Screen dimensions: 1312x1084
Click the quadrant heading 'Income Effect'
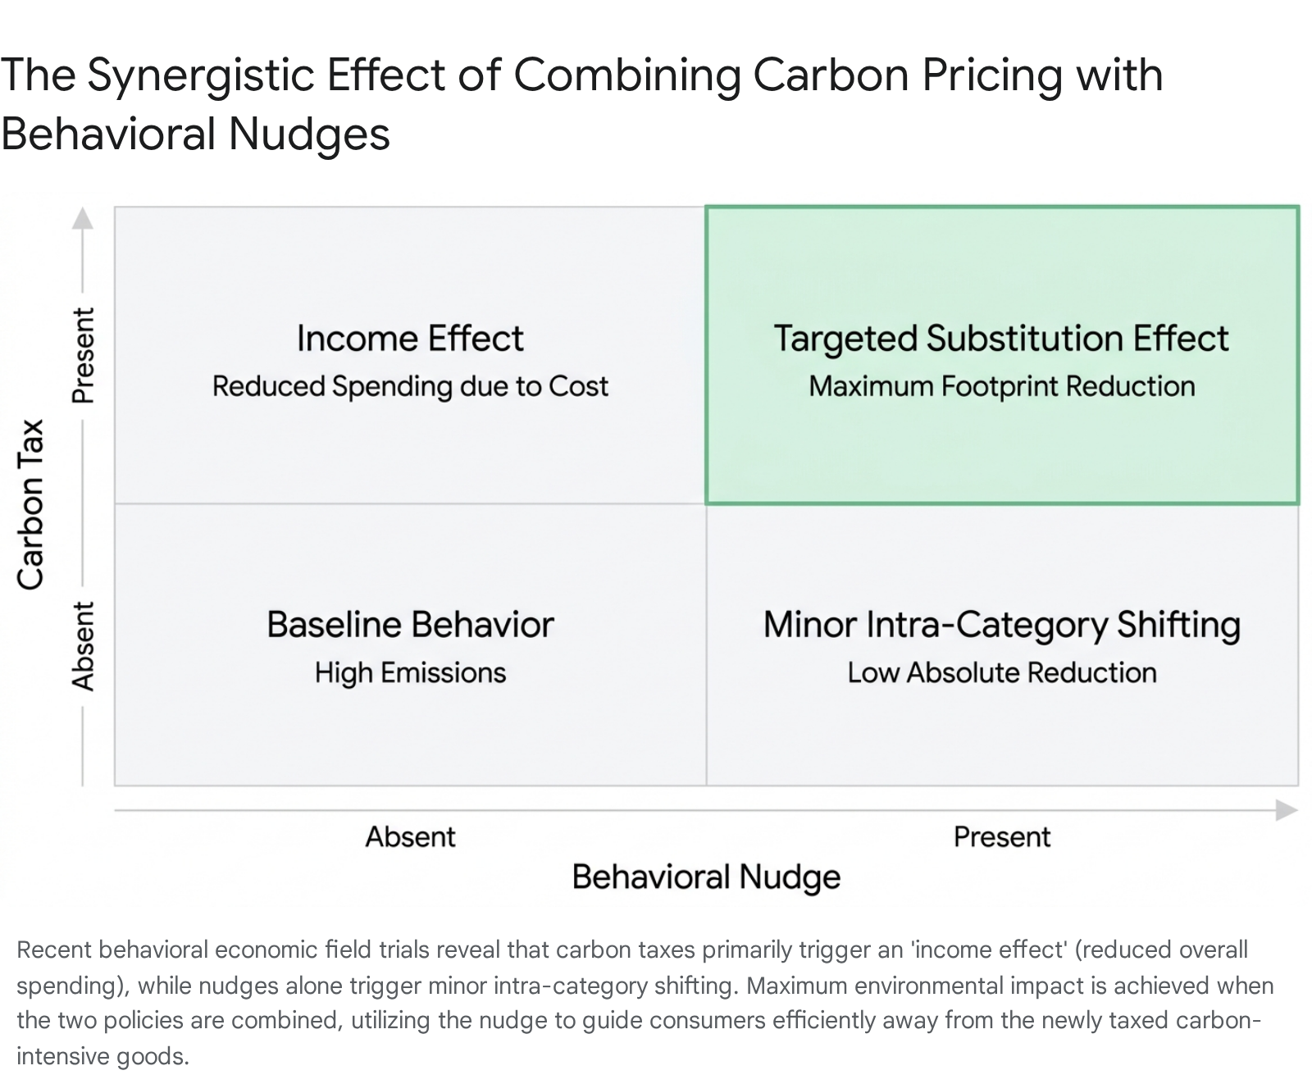click(x=410, y=338)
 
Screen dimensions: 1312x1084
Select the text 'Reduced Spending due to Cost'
click(x=410, y=386)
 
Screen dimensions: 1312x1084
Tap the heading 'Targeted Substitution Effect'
click(x=1001, y=339)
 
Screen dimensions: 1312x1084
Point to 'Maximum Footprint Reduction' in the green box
click(x=1002, y=386)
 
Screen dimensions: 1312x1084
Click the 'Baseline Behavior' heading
click(x=410, y=625)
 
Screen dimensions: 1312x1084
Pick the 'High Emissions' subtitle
click(x=410, y=672)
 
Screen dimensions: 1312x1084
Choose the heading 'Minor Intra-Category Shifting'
click(x=1001, y=625)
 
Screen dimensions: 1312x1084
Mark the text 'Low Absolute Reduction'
click(x=1002, y=672)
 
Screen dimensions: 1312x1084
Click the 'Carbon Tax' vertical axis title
click(x=30, y=504)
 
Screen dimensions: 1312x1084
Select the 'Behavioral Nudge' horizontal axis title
click(x=706, y=877)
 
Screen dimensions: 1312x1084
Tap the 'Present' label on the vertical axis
click(x=83, y=356)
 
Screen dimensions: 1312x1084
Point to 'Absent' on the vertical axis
click(x=83, y=646)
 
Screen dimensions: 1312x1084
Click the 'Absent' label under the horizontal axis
click(x=410, y=836)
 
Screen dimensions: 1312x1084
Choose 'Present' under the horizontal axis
click(x=1002, y=836)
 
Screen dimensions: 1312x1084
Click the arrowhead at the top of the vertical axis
click(x=82, y=218)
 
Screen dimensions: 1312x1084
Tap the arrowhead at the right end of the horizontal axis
click(x=1287, y=810)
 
